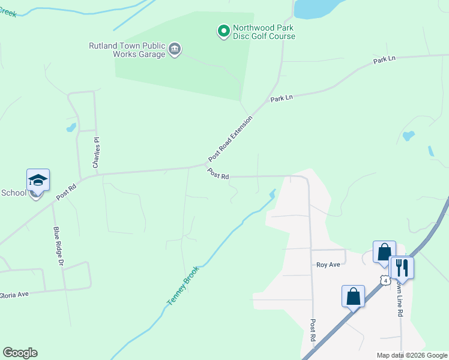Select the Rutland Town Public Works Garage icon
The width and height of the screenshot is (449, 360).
(x=175, y=49)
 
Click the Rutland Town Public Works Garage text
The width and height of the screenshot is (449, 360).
(x=127, y=50)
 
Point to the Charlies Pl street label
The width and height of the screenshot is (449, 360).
(x=96, y=151)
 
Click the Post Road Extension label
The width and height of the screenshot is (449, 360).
(x=231, y=139)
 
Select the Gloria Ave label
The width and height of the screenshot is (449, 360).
(x=14, y=295)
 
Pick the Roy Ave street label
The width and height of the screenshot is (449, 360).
(x=328, y=264)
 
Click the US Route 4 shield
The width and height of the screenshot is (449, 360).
(x=385, y=280)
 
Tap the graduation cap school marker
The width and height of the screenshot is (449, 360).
(x=38, y=181)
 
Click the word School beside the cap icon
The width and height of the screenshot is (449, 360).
(x=14, y=193)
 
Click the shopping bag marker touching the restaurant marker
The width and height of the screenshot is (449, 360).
(x=384, y=252)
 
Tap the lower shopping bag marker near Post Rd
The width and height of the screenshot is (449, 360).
(x=353, y=296)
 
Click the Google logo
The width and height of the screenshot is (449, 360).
(x=20, y=353)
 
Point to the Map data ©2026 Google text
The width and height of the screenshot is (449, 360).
(x=412, y=355)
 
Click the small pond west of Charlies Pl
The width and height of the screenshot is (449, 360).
(x=71, y=127)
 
